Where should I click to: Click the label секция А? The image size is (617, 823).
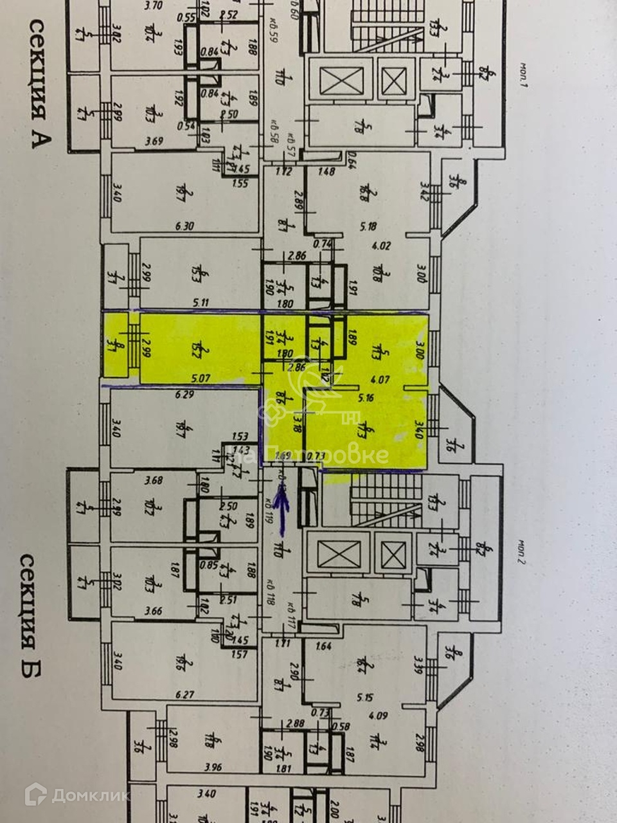[38, 84]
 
